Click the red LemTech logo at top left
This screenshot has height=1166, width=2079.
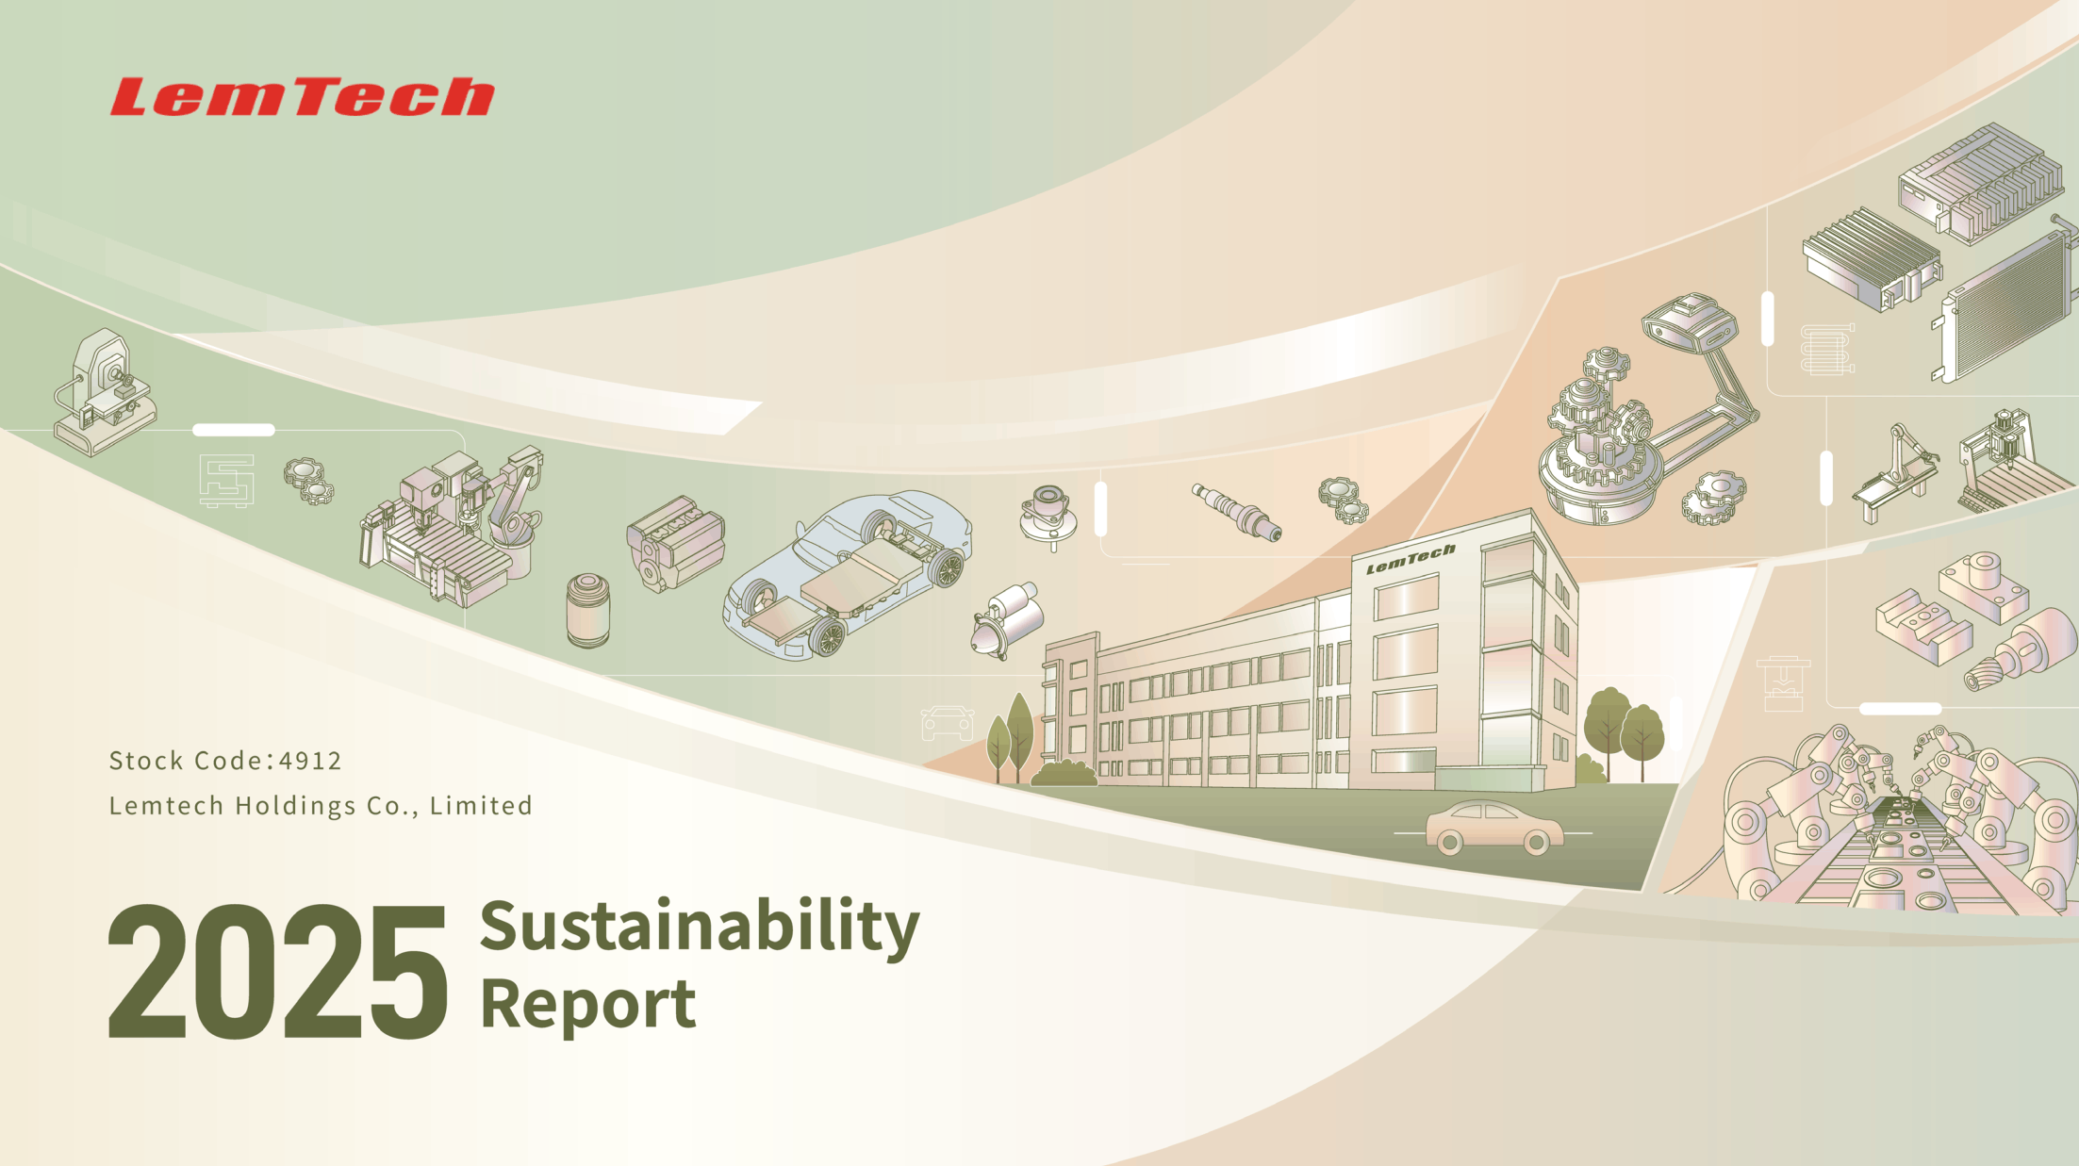(x=302, y=97)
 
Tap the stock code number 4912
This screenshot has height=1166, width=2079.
(x=311, y=761)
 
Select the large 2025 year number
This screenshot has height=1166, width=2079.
(x=277, y=971)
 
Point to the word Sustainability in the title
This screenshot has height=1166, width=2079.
(x=700, y=928)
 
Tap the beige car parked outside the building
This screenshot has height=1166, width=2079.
(x=1493, y=828)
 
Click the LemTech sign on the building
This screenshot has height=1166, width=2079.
(x=1411, y=559)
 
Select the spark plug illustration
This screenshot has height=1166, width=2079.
(x=1236, y=512)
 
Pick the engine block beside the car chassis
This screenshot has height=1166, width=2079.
(x=675, y=543)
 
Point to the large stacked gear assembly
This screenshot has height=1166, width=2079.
(x=1601, y=438)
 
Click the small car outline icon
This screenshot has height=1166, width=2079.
(x=948, y=723)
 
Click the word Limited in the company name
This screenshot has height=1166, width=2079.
(x=482, y=807)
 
